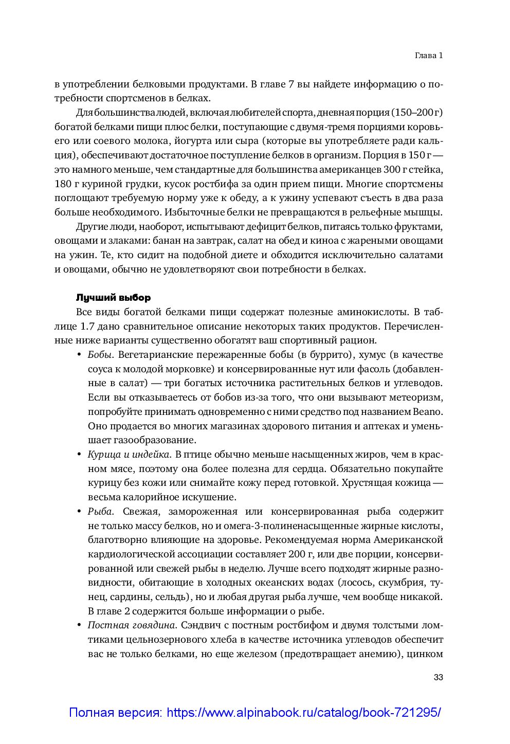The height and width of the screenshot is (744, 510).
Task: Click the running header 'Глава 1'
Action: (428, 56)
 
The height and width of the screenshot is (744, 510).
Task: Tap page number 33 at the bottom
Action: (438, 677)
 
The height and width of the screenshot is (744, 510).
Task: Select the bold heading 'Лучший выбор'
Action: (113, 298)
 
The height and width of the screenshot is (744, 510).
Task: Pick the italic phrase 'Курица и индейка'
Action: (129, 455)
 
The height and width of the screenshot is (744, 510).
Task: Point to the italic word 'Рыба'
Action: (99, 512)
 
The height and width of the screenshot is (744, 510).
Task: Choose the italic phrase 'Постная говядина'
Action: (132, 626)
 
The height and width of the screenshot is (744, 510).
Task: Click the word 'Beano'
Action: (428, 412)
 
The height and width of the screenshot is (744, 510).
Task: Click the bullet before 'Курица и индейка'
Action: (79, 455)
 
